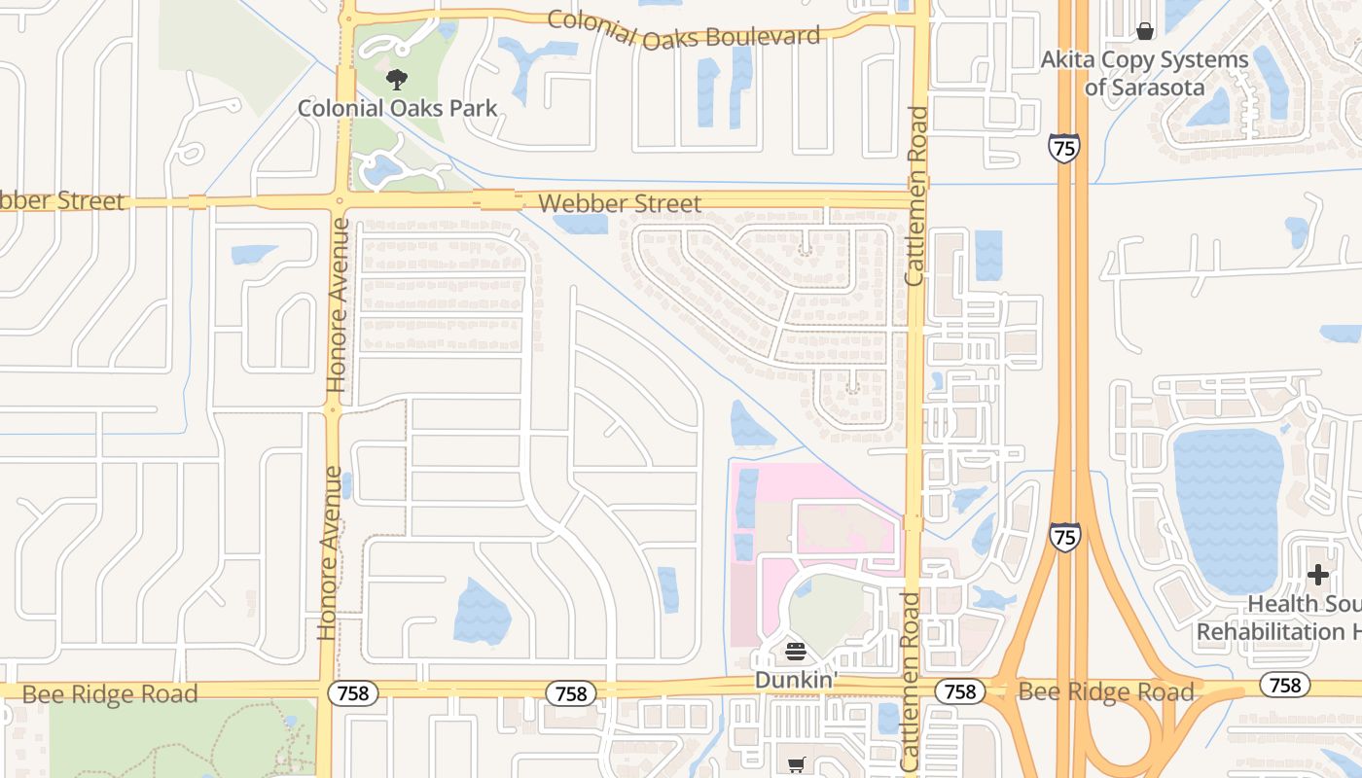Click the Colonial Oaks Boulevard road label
(x=684, y=29)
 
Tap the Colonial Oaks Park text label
(x=397, y=108)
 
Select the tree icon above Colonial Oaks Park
(x=396, y=80)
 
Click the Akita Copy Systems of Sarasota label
(x=1144, y=74)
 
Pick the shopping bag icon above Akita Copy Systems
(x=1145, y=31)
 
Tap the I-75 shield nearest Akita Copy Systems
(x=1063, y=149)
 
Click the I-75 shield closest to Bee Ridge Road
(x=1064, y=536)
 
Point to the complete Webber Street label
(x=619, y=203)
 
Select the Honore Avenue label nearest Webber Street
(x=338, y=305)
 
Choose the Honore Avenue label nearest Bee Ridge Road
(x=329, y=552)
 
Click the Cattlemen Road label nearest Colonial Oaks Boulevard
(x=915, y=195)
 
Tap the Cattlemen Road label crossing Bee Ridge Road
(x=911, y=682)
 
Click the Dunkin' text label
(x=796, y=680)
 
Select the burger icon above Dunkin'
(x=796, y=652)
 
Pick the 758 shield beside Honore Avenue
(x=352, y=693)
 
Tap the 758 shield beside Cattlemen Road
(x=959, y=691)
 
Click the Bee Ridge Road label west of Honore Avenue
(x=109, y=694)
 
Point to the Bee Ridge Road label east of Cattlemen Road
(x=1106, y=692)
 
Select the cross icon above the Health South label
(x=1318, y=575)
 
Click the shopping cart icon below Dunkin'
(x=797, y=764)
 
